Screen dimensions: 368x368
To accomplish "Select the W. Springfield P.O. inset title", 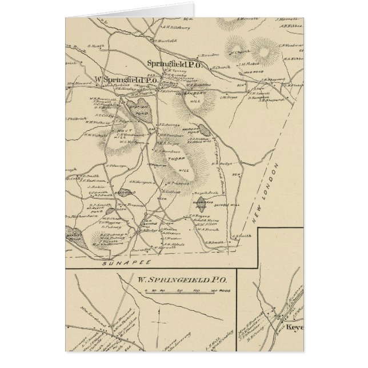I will [x=182, y=281].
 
